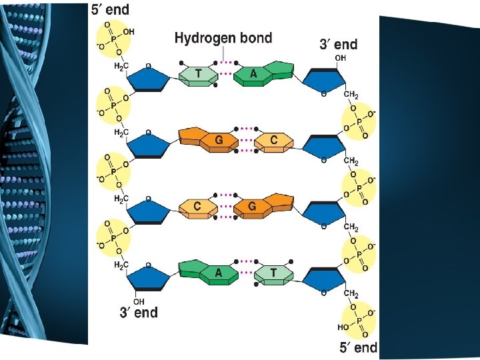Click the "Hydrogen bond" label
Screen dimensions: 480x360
pos(223,38)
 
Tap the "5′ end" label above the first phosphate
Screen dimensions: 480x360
pos(111,9)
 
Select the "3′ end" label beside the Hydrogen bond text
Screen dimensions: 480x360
pos(339,45)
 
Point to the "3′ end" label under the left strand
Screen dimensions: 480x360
pos(139,312)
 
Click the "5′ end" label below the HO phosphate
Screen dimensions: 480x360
pos(358,347)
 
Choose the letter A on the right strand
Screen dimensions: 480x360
pos(253,74)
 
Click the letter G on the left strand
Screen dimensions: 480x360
pos(219,141)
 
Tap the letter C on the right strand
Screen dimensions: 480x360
pos(274,141)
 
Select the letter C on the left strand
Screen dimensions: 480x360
pos(197,207)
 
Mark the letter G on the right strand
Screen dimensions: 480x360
pos(252,207)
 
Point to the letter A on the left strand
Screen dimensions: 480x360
pos(219,273)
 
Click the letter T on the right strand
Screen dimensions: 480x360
pos(273,273)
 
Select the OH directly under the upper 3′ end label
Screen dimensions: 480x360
pos(341,58)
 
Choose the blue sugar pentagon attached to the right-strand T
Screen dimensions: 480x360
pos(325,277)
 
